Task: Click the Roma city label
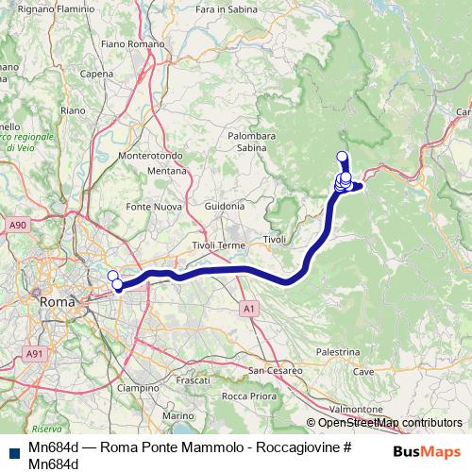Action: pos(58,301)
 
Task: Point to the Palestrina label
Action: pos(338,351)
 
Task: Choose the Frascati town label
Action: pos(193,379)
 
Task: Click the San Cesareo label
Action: pos(276,369)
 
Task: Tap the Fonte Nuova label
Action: pos(152,206)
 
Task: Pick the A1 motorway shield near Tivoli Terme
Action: pos(247,308)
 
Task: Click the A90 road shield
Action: pos(17,226)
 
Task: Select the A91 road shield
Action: pos(35,353)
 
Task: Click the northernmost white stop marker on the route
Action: pos(342,157)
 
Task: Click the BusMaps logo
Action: pos(427,451)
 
